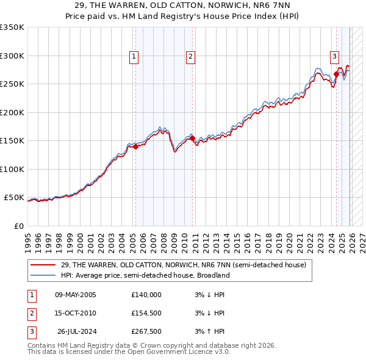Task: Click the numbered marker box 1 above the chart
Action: pos(134,57)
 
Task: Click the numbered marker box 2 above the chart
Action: pos(190,57)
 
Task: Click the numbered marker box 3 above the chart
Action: pos(335,57)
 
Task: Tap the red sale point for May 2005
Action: pos(135,146)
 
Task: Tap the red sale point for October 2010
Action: pos(192,139)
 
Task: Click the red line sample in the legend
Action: pos(44,265)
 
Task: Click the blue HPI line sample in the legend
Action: pos(44,275)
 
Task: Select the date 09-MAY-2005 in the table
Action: pos(75,295)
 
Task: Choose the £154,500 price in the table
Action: pos(146,313)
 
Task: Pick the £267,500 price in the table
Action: pos(146,331)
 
